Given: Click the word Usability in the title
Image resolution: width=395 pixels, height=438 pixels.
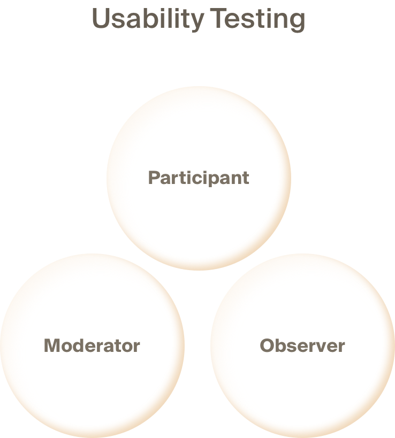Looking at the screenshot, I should (147, 20).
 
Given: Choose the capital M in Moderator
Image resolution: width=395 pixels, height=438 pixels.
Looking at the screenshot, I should (51, 345).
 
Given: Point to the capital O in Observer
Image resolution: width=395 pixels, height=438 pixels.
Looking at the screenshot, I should (267, 345).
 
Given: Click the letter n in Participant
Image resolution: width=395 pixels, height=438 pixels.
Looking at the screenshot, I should (235, 179).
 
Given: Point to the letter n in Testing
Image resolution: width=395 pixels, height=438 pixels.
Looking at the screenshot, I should (279, 21).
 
